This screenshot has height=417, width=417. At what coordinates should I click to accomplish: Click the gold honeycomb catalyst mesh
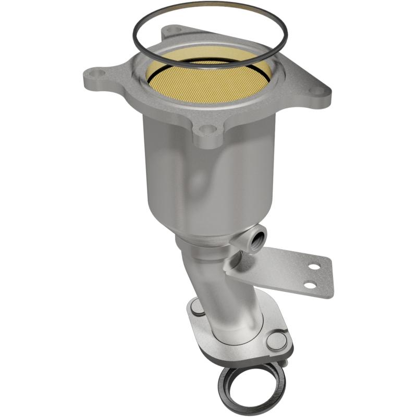(208, 78)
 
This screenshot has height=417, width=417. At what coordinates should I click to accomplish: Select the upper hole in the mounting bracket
(313, 266)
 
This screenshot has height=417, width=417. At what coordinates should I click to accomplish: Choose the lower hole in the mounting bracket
(311, 285)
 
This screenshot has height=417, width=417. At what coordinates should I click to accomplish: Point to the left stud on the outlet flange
(197, 308)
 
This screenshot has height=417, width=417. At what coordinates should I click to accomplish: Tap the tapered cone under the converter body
(208, 229)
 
